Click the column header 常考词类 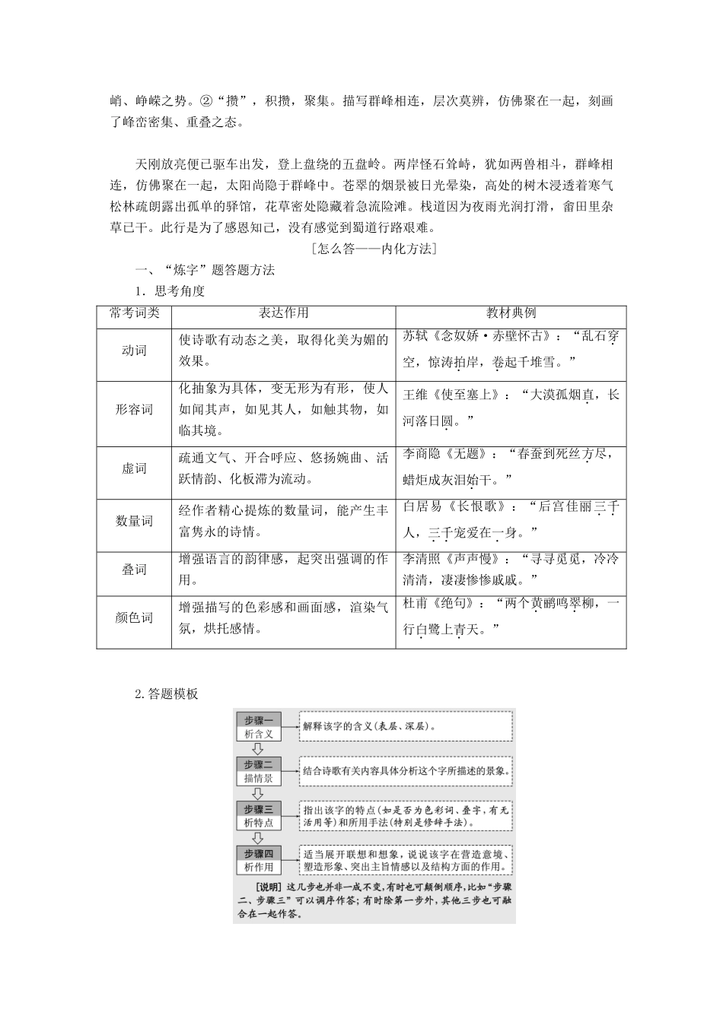(134, 313)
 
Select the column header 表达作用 (283, 313)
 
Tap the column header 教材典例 (511, 313)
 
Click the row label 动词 (134, 351)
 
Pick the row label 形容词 (134, 410)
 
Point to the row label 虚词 (134, 468)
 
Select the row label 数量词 (134, 521)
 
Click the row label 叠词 (134, 570)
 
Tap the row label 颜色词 (134, 617)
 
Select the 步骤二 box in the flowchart (259, 764)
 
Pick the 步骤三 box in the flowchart (259, 808)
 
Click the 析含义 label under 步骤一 (259, 734)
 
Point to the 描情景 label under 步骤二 (259, 779)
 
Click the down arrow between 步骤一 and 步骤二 (258, 749)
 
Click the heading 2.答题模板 (166, 693)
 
